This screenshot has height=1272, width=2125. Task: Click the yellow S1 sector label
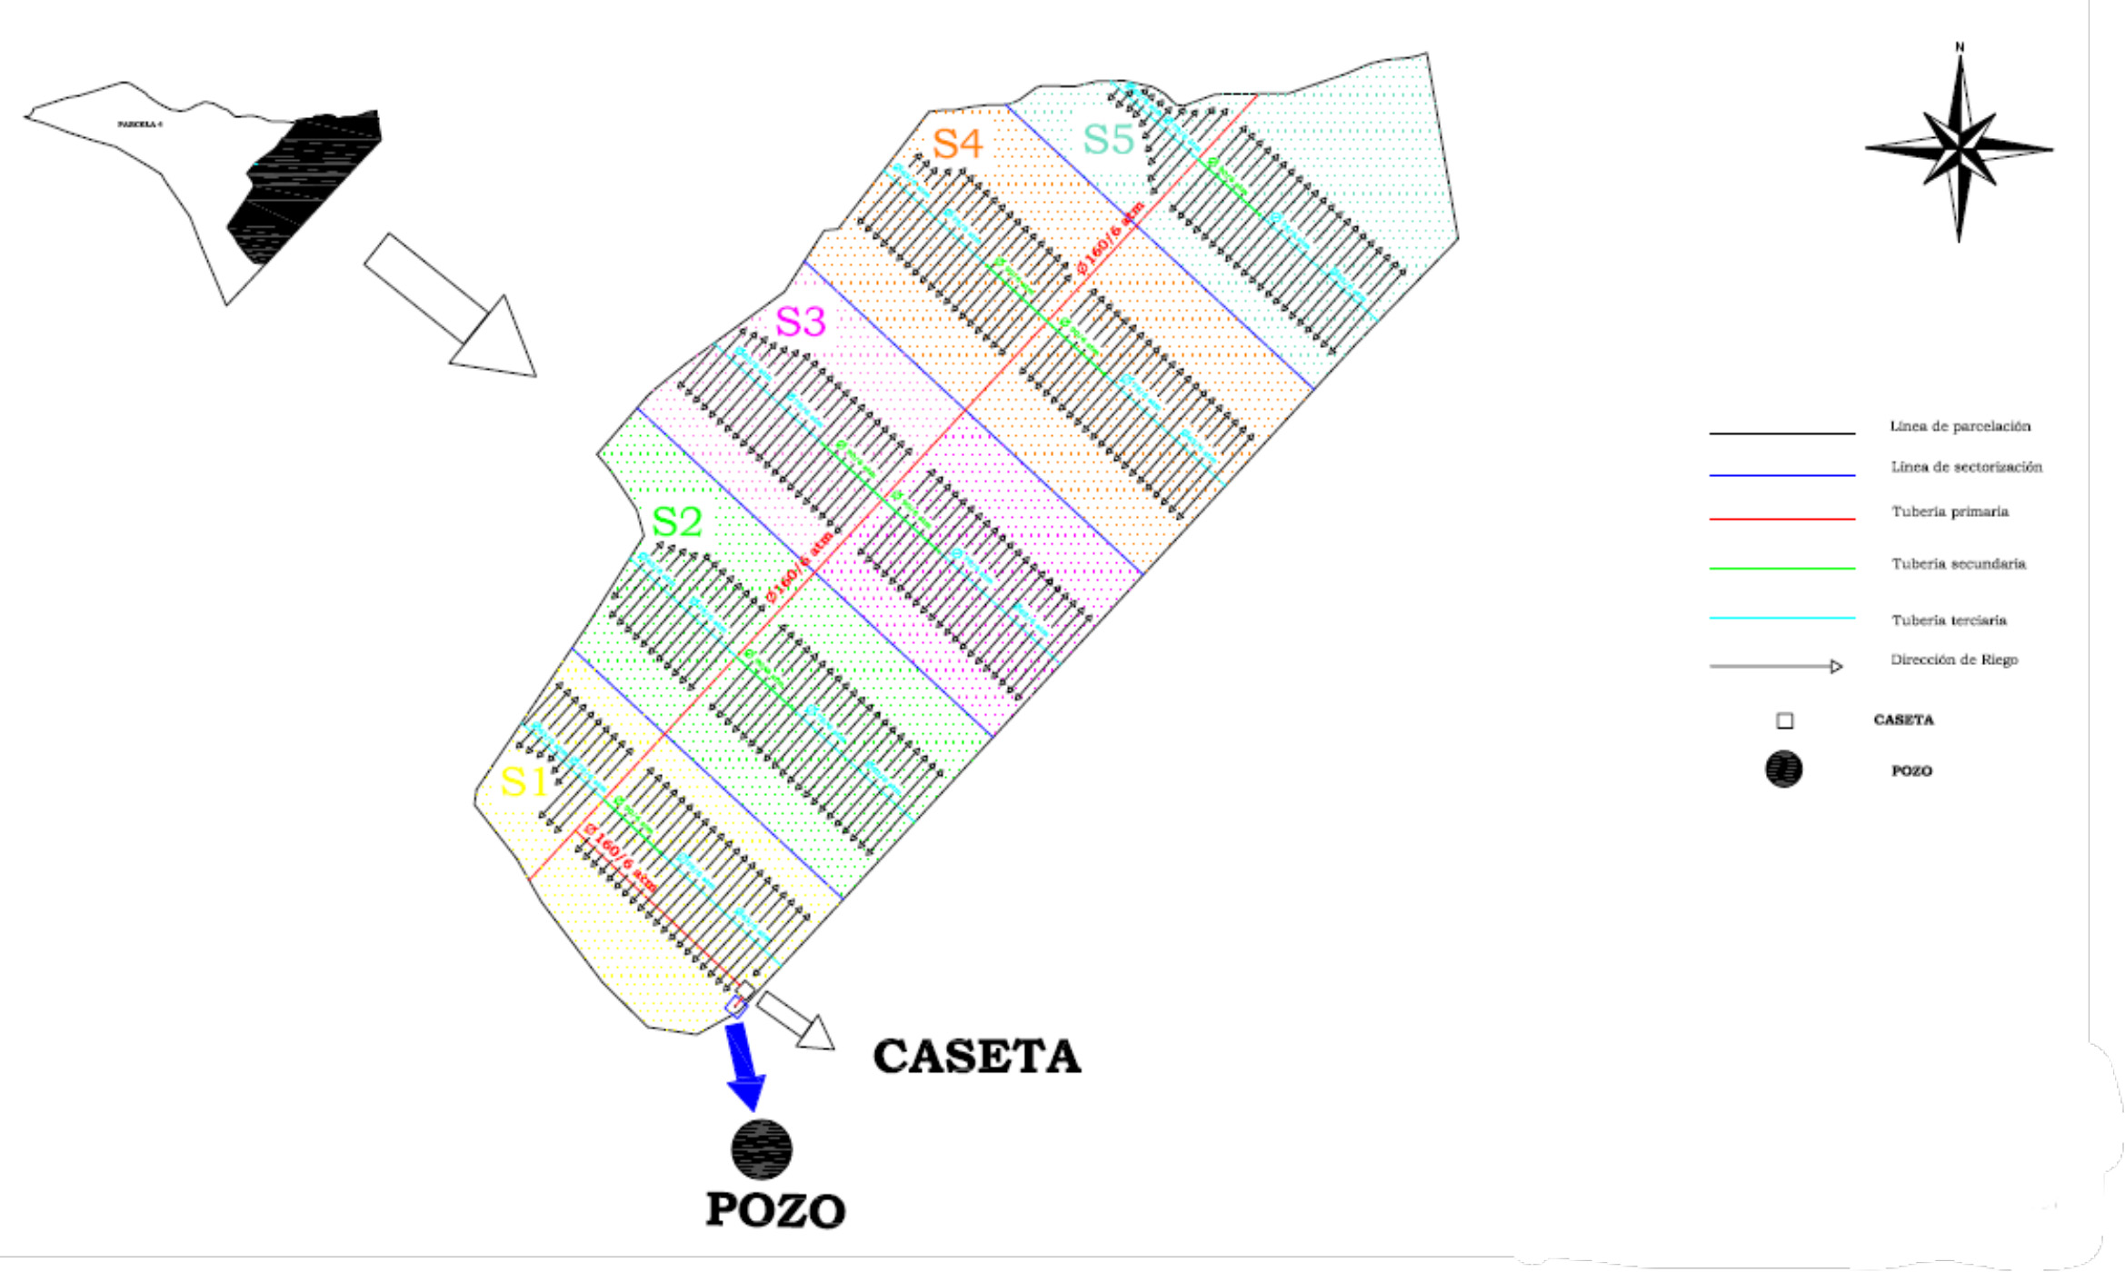pyautogui.click(x=524, y=782)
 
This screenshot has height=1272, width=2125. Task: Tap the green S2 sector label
pyautogui.click(x=677, y=522)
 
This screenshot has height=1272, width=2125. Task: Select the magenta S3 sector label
pyautogui.click(x=800, y=322)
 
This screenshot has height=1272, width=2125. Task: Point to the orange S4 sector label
pyautogui.click(x=957, y=144)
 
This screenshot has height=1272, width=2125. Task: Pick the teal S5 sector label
pyautogui.click(x=1108, y=140)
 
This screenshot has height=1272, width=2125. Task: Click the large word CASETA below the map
pyautogui.click(x=977, y=1057)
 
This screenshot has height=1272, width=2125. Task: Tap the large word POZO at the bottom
pyautogui.click(x=775, y=1211)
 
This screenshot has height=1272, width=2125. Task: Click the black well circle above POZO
pyautogui.click(x=762, y=1149)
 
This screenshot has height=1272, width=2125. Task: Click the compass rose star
pyautogui.click(x=1959, y=147)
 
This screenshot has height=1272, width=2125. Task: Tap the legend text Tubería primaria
pyautogui.click(x=1950, y=512)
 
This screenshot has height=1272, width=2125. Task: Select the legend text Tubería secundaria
pyautogui.click(x=1958, y=564)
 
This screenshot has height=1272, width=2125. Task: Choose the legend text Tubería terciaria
pyautogui.click(x=1949, y=621)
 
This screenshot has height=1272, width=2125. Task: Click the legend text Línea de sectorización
pyautogui.click(x=1966, y=467)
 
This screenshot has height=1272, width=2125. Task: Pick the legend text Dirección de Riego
pyautogui.click(x=1953, y=660)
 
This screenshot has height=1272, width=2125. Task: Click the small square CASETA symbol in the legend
pyautogui.click(x=1785, y=721)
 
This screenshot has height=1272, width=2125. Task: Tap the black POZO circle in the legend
pyautogui.click(x=1783, y=770)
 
